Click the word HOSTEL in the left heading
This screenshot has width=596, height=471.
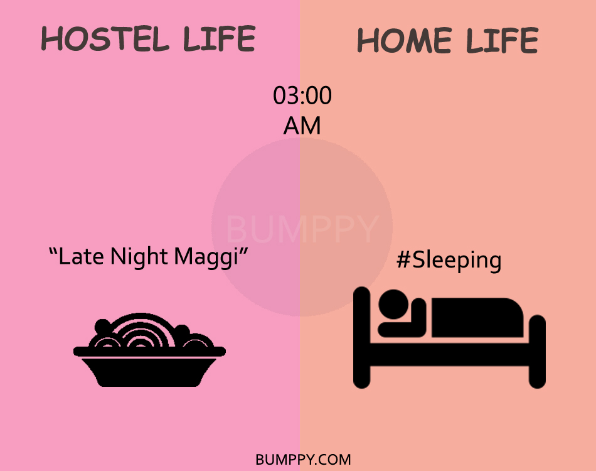click(105, 38)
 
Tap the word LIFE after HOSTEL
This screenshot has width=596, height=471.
click(219, 38)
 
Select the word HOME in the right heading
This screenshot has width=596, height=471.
click(405, 40)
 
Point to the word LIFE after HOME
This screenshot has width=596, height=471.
click(502, 40)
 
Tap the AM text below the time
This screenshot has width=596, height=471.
click(302, 126)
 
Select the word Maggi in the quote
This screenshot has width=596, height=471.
click(206, 257)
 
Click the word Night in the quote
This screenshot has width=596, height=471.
click(139, 257)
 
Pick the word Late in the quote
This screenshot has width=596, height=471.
click(81, 256)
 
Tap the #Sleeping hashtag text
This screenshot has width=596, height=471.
click(449, 261)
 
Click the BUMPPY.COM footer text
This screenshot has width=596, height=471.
click(303, 460)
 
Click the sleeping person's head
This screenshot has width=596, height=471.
click(393, 305)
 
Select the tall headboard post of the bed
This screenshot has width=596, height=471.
click(361, 338)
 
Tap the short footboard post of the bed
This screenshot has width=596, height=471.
click(537, 352)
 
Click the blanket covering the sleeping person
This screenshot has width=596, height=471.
click(477, 318)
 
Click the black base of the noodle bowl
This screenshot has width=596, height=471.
click(149, 372)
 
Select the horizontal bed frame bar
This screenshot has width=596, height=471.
click(449, 355)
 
